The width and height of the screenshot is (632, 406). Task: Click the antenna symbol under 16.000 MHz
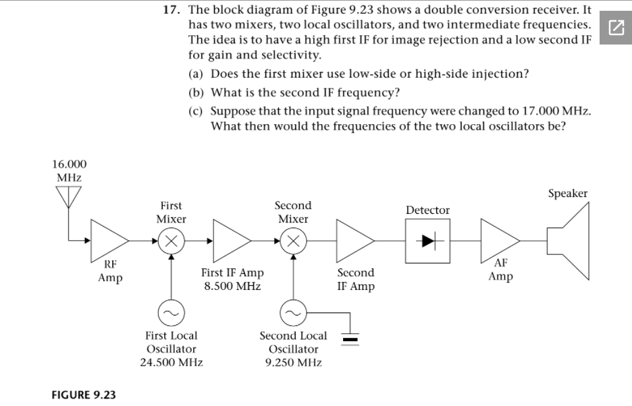tap(68, 197)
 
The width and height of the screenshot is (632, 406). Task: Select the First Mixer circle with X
tap(172, 240)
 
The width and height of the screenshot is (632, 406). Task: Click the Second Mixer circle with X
tap(292, 240)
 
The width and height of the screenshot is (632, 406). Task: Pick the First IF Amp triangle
tap(230, 239)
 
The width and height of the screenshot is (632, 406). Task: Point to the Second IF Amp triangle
tap(354, 239)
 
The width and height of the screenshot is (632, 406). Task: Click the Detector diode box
tap(427, 240)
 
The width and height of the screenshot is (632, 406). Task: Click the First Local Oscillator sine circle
tap(172, 313)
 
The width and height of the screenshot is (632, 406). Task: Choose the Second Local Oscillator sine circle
tap(292, 313)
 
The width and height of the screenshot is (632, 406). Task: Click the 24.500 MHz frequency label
tap(172, 363)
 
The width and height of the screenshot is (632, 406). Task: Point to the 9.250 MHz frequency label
tap(293, 363)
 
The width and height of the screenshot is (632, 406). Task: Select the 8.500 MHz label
tap(232, 286)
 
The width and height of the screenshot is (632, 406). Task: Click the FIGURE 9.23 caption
tap(83, 395)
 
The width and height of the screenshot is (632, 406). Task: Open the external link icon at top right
tap(615, 28)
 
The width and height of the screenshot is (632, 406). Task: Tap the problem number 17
tap(171, 10)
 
